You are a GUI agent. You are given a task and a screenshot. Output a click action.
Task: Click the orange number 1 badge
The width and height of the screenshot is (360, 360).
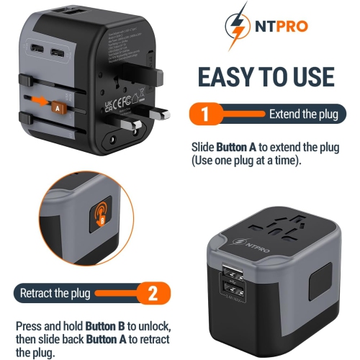(204, 114)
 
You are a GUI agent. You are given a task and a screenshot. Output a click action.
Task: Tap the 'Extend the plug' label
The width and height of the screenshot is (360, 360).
(302, 114)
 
